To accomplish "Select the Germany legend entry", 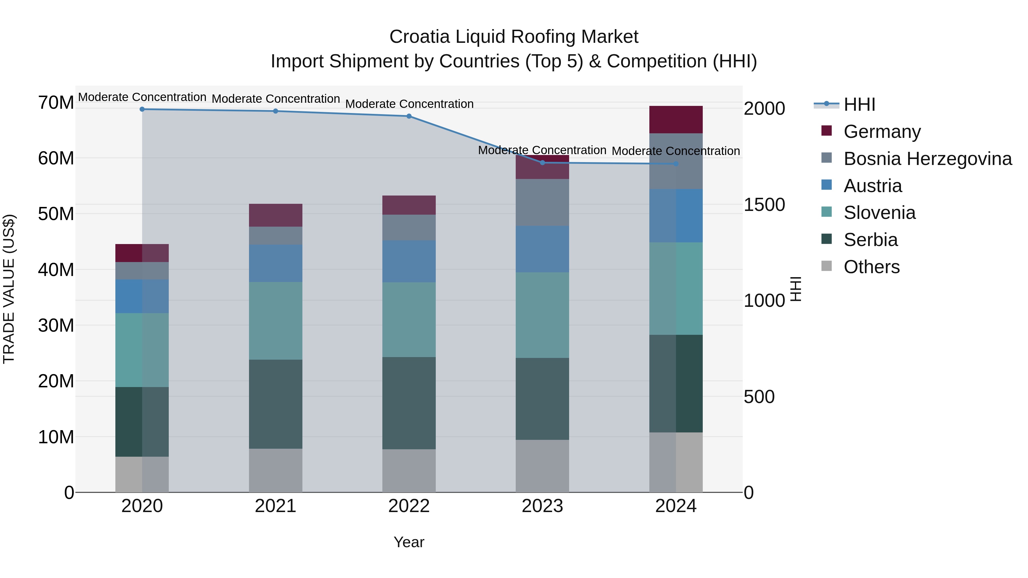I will pyautogui.click(x=882, y=132).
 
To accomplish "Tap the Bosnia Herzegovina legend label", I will pyautogui.click(x=927, y=159).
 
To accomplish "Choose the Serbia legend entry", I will pyautogui.click(x=870, y=240).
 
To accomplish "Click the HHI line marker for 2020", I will pyautogui.click(x=142, y=109).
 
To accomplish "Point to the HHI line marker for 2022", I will pyautogui.click(x=409, y=116).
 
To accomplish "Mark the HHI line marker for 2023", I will pyautogui.click(x=542, y=163).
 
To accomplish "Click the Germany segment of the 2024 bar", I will pyautogui.click(x=676, y=120).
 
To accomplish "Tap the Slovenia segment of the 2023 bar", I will pyautogui.click(x=542, y=315).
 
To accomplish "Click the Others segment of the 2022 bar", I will pyautogui.click(x=409, y=471).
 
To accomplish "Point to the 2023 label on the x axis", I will pyautogui.click(x=542, y=506).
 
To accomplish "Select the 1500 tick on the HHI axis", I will pyautogui.click(x=764, y=205).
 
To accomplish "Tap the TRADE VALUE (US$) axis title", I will pyautogui.click(x=9, y=289).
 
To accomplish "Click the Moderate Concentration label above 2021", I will pyautogui.click(x=276, y=98).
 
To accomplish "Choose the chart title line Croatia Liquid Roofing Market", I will pyautogui.click(x=514, y=37).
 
